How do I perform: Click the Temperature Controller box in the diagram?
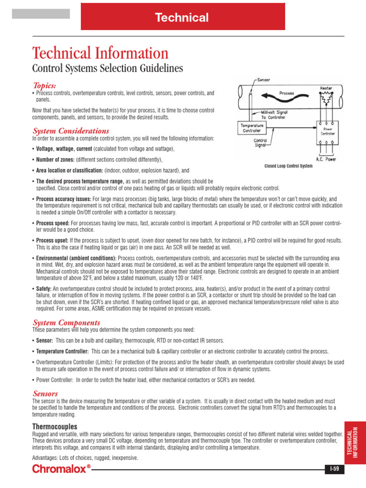pyautogui.click(x=252, y=128)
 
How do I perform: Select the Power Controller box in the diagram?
pyautogui.click(x=327, y=131)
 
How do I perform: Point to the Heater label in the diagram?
pyautogui.click(x=326, y=89)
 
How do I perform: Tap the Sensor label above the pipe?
pyautogui.click(x=264, y=81)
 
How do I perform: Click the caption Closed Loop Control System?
pyautogui.click(x=288, y=166)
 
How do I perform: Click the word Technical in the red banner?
pyautogui.click(x=182, y=18)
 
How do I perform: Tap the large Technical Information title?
pyautogui.click(x=100, y=53)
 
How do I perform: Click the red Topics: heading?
pyautogui.click(x=44, y=85)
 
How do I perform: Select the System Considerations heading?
pyautogui.click(x=71, y=131)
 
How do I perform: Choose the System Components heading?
pyautogui.click(x=66, y=323)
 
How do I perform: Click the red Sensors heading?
pyautogui.click(x=45, y=393)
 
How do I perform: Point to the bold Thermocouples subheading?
pyautogui.click(x=54, y=426)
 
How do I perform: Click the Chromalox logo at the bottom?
pyautogui.click(x=61, y=469)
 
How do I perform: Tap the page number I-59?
pyautogui.click(x=335, y=469)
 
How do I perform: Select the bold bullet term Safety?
pyautogui.click(x=44, y=289)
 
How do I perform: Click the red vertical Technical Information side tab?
pyautogui.click(x=355, y=443)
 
